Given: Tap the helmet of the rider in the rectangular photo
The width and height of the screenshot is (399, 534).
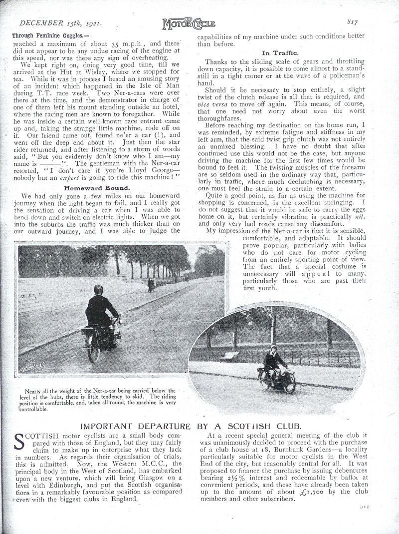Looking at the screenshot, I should click(x=98, y=290).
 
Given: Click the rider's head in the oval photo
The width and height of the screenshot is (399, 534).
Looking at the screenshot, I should click(x=275, y=347).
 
